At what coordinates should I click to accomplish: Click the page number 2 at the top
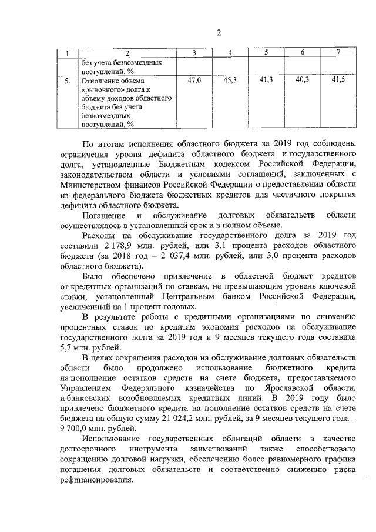click(x=217, y=32)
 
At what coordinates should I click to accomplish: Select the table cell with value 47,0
click(x=194, y=79)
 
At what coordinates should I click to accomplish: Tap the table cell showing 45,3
click(x=230, y=79)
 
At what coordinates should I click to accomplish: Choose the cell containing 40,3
click(x=302, y=79)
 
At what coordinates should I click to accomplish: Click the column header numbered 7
click(x=338, y=53)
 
